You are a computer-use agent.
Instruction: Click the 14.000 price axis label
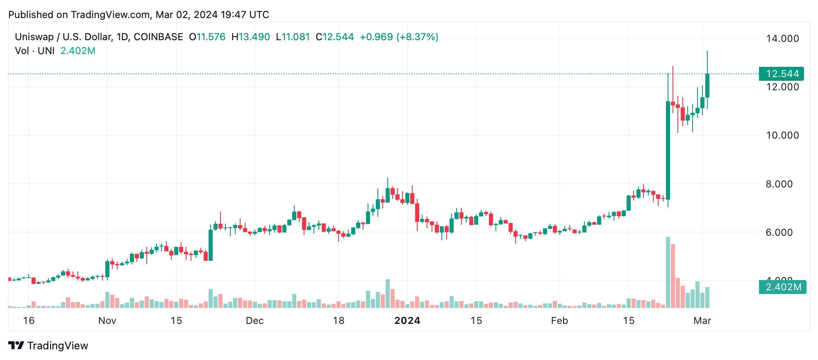782,39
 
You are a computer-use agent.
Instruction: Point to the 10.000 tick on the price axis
782,135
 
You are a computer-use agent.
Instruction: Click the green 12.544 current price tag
781,74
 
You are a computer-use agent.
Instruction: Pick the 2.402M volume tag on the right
783,287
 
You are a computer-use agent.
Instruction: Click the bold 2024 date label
407,321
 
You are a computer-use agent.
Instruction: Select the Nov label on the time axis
107,321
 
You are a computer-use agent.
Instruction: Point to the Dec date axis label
254,321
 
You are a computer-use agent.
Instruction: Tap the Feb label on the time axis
559,321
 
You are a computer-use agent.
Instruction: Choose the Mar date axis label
702,321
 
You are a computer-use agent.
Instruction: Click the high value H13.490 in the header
251,37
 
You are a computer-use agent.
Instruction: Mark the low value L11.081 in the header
293,37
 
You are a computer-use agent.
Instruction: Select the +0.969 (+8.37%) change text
399,37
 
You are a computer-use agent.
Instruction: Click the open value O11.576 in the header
207,37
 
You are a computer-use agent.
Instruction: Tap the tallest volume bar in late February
668,273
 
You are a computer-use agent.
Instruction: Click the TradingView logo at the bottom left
48,346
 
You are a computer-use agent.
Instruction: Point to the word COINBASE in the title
158,37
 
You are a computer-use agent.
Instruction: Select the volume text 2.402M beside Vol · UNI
78,51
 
